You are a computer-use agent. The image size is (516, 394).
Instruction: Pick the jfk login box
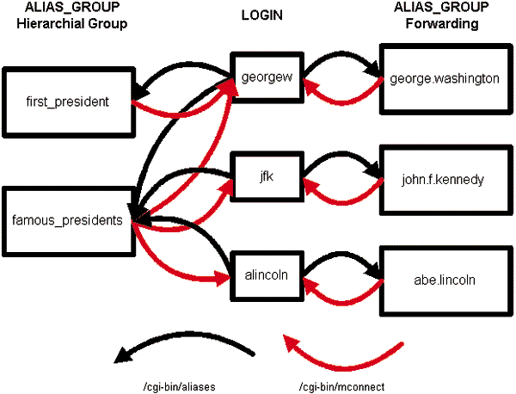266,179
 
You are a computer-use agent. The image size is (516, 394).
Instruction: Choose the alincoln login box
266,276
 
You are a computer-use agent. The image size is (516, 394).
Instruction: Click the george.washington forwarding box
444,79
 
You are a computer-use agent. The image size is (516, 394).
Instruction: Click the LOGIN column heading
264,15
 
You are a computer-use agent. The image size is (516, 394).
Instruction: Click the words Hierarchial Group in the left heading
65,24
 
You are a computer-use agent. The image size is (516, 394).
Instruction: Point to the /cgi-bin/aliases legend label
172,387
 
